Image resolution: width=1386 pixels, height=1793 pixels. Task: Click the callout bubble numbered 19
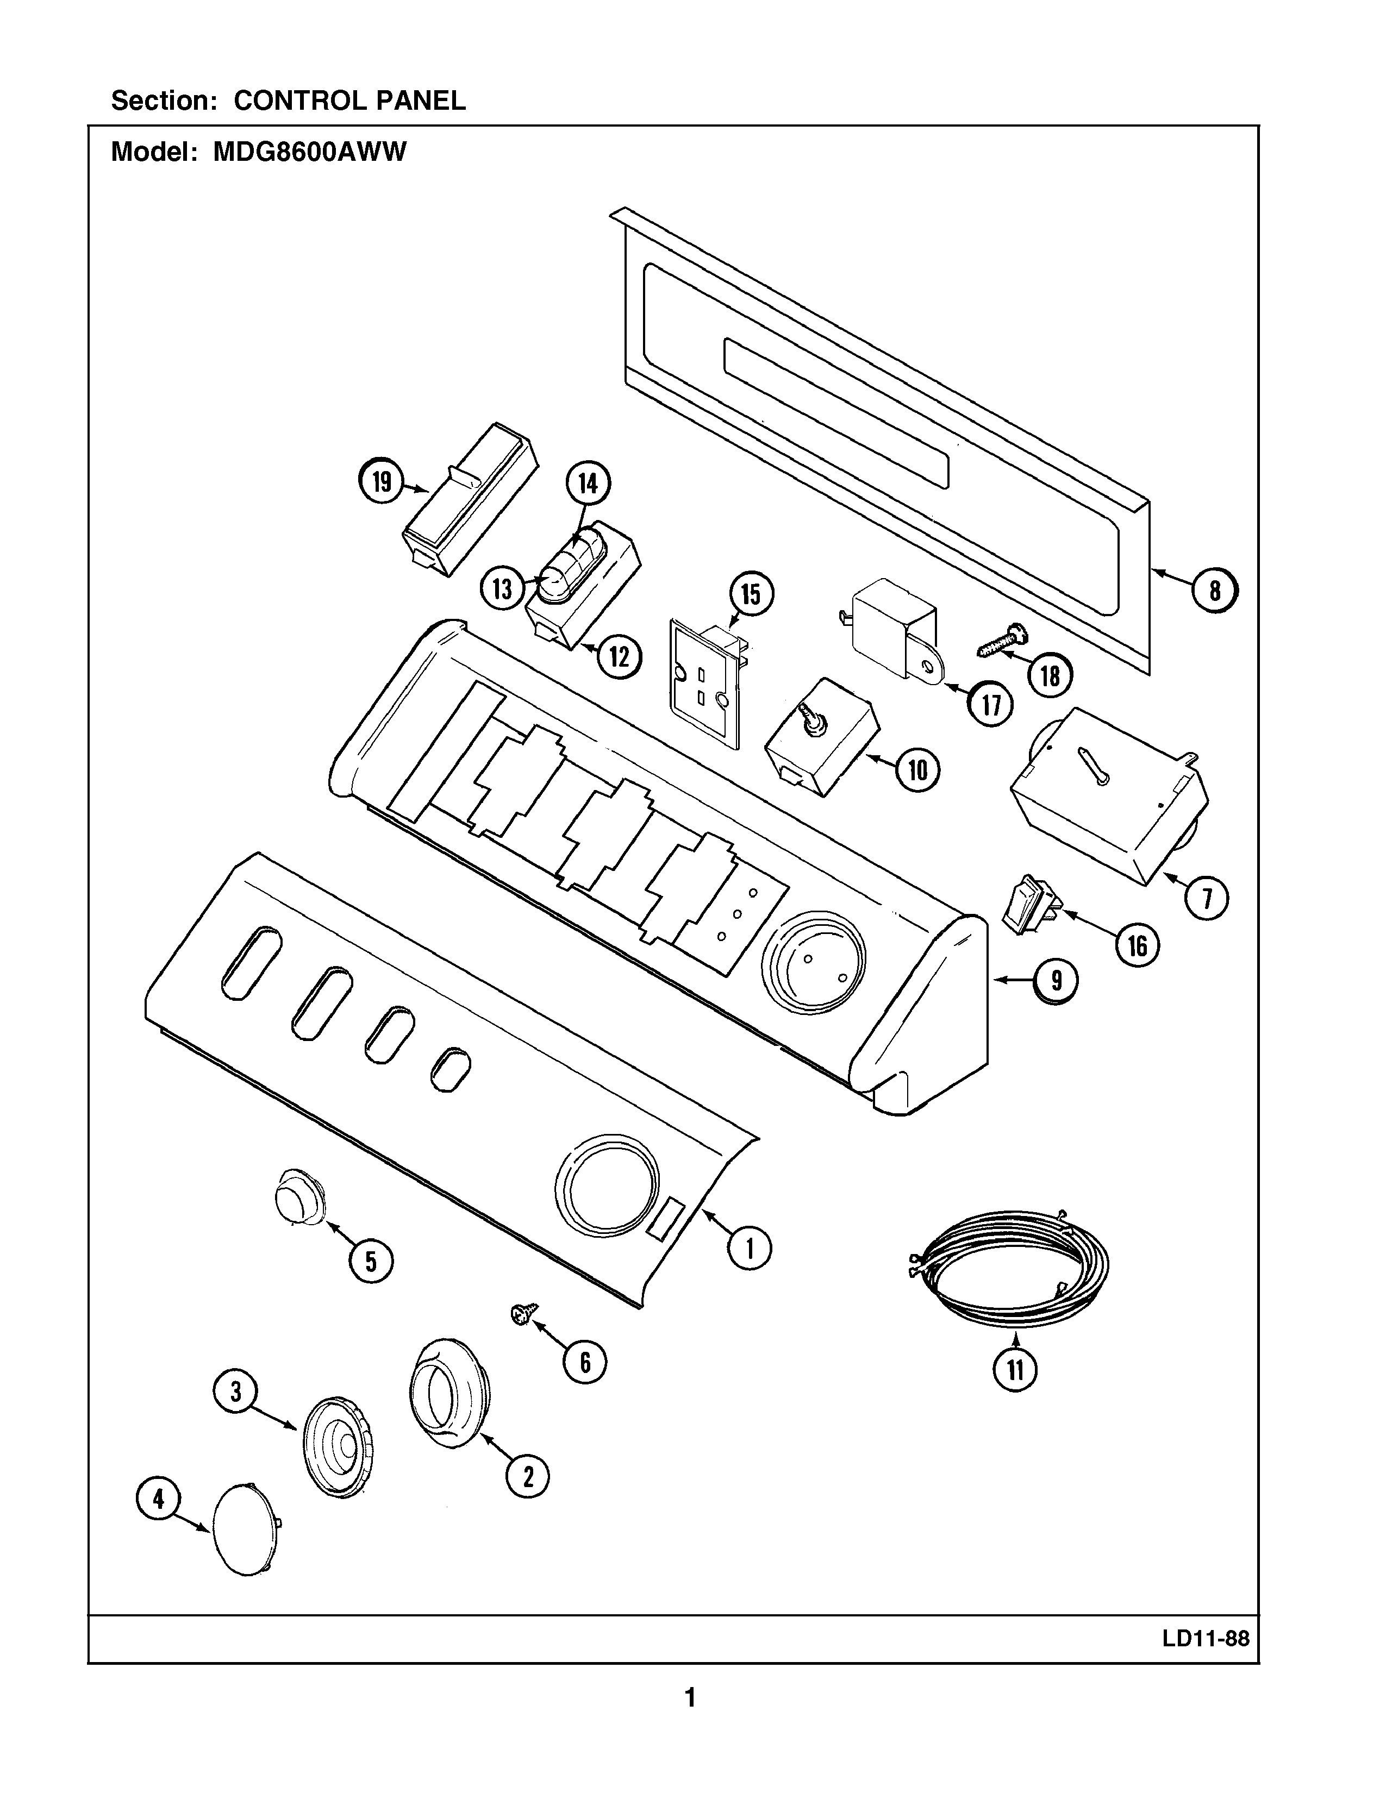(382, 481)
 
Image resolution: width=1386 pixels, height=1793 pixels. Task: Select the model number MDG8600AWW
(310, 153)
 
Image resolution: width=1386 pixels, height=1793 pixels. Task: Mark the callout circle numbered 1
(750, 1249)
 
